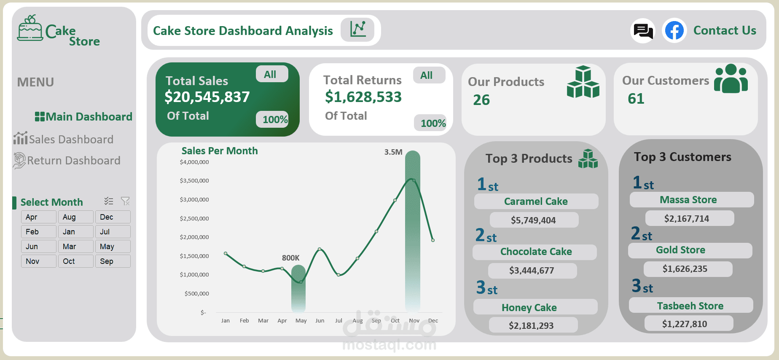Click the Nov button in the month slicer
click(x=38, y=261)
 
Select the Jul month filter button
click(x=113, y=232)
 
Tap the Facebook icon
click(x=674, y=31)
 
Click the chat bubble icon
click(x=643, y=31)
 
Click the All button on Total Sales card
click(x=271, y=75)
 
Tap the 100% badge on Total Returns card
click(x=431, y=123)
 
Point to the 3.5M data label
click(x=393, y=152)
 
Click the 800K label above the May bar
click(x=290, y=258)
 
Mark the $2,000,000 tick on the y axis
click(x=194, y=237)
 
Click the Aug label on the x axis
click(x=357, y=321)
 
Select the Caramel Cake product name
click(x=536, y=201)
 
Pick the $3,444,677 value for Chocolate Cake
click(x=532, y=271)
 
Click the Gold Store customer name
click(x=680, y=250)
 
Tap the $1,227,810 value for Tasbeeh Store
click(x=685, y=324)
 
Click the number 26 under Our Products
click(x=481, y=100)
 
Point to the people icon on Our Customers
click(x=731, y=79)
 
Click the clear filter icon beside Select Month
click(x=125, y=201)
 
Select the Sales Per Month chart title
click(x=220, y=151)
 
